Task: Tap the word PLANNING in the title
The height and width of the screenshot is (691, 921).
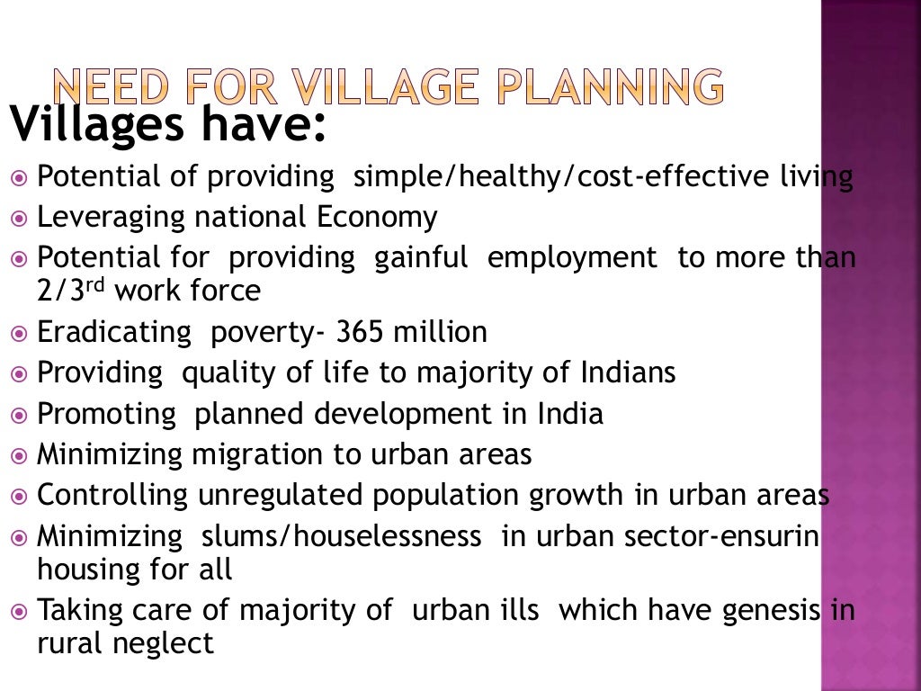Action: (611, 87)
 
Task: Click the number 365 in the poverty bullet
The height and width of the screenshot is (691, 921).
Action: (361, 333)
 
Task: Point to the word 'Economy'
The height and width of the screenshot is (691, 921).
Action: (377, 218)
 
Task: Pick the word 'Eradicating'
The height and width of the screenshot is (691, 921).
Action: (114, 333)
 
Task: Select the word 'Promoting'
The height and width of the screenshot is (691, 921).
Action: (107, 414)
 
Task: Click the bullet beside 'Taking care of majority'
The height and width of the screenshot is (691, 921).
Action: (21, 611)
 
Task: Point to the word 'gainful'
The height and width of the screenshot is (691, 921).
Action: (421, 258)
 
